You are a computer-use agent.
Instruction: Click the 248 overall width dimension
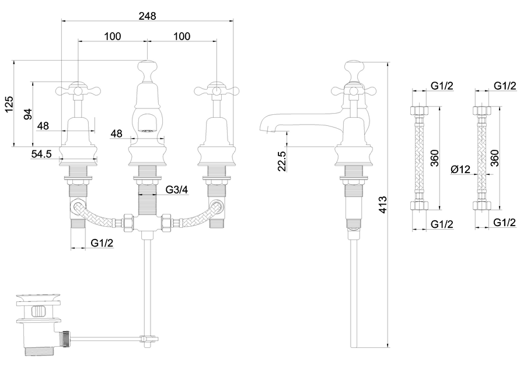coord(147,16)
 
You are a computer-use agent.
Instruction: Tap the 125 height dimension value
coord(8,104)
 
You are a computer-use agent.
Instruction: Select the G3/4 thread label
coord(177,189)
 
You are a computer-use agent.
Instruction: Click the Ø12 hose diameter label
coord(459,169)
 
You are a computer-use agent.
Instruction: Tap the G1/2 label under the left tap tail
coord(102,243)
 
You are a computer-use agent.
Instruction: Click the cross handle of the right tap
coord(217,91)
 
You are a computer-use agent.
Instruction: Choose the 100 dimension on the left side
coord(113,36)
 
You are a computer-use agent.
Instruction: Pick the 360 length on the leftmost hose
coord(434,157)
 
